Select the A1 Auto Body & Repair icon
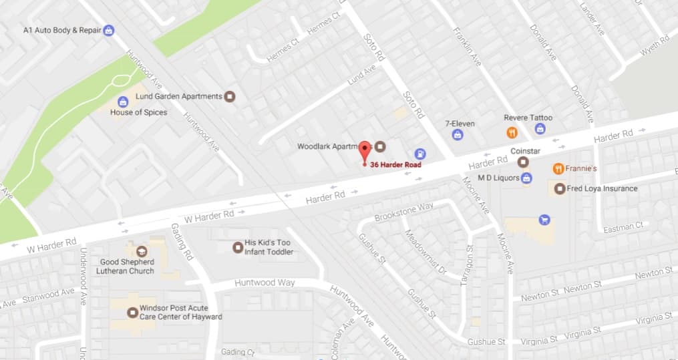pos(108,30)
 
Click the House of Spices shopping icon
pos(123,102)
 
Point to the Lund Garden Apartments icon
pos(229,96)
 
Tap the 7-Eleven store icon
pos(458,135)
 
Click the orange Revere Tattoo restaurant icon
pos(512,132)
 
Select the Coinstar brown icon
pos(523,162)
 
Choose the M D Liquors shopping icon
pos(526,178)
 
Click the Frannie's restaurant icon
pos(558,169)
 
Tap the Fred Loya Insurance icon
pos(559,188)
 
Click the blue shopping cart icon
pos(544,219)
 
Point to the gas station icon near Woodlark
pos(419,153)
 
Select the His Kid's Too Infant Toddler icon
pos(237,247)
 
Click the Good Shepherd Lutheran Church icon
pos(141,251)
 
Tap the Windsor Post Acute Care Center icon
pos(132,311)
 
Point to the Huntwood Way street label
pos(265,283)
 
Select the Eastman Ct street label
pos(623,228)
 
